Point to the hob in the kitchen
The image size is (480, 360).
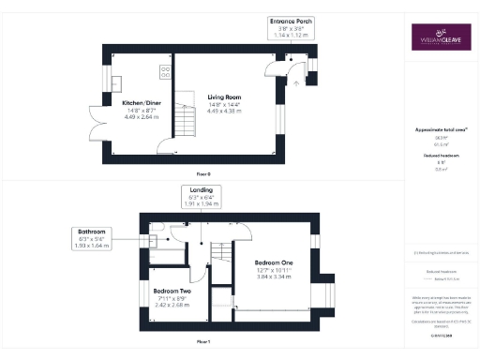(165, 70)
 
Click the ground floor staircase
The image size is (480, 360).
(190, 121)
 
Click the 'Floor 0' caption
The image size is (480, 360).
(203, 174)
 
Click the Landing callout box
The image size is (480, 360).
(202, 196)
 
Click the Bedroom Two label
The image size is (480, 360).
(172, 292)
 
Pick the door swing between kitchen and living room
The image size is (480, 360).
(166, 144)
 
